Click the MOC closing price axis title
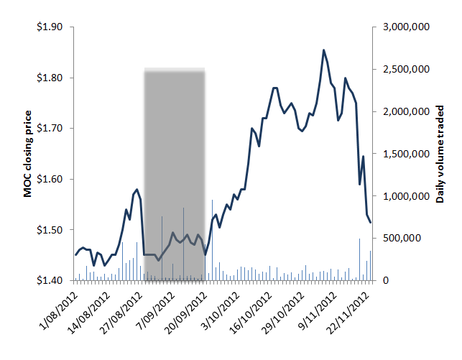click(28, 154)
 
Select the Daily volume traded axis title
click(440, 154)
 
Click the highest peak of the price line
click(323, 50)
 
